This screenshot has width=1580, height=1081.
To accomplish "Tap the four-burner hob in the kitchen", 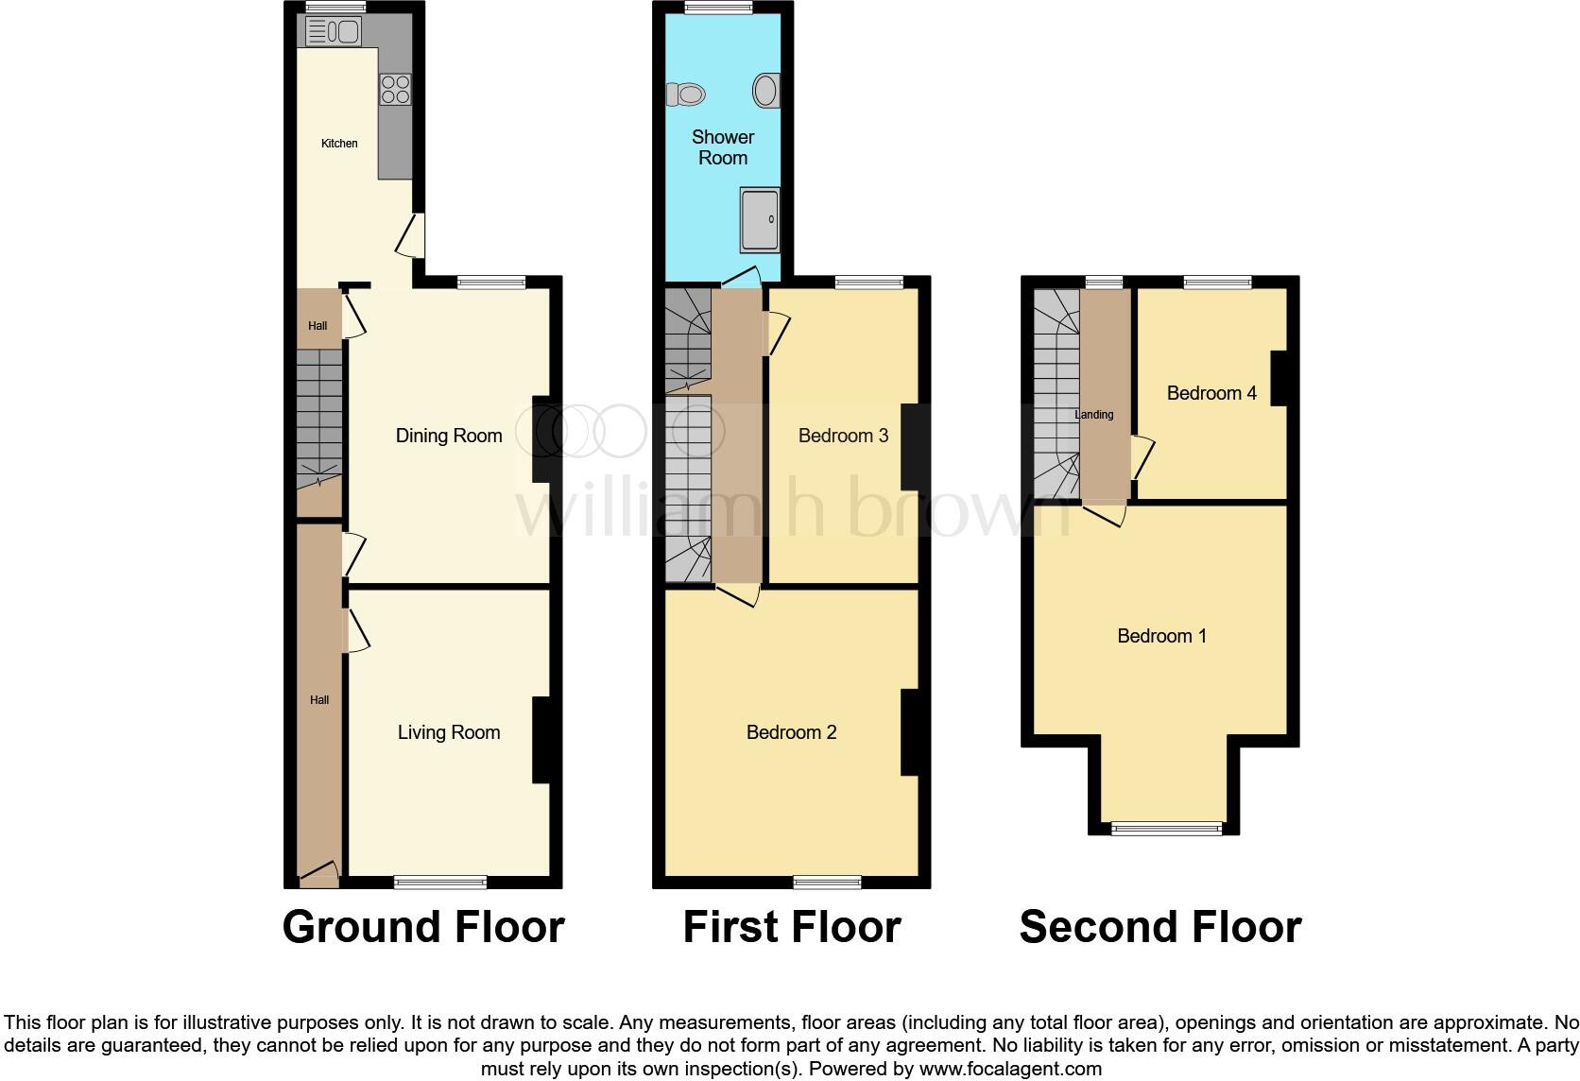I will coord(395,89).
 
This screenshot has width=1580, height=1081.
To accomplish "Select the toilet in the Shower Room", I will coord(687,94).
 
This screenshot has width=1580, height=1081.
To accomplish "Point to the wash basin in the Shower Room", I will coord(766,91).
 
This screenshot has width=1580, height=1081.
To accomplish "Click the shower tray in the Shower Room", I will coord(760,219).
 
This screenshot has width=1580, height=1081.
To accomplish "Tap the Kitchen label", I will coord(339,144).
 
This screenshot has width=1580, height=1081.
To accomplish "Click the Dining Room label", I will coord(448,436).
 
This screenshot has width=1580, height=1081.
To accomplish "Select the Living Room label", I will coord(448,732).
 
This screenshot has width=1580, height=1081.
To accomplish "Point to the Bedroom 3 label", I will coord(843,436).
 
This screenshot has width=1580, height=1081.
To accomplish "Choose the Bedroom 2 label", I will coord(791,732).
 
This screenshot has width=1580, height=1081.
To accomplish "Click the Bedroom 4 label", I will coord(1211,393).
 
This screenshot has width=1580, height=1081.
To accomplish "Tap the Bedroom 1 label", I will coord(1161,636).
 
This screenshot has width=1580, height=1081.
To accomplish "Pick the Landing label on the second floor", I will coord(1093,415).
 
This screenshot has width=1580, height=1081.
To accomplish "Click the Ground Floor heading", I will coord(423,927).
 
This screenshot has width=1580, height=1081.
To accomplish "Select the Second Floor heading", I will coord(1160,927).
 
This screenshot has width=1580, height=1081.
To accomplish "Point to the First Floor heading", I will coord(792,927).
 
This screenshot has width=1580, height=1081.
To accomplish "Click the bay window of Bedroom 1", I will coord(1166,830).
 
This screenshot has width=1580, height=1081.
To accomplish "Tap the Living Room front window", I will coord(440,883).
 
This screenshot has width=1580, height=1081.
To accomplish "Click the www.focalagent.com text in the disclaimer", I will coord(1009,1070).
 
